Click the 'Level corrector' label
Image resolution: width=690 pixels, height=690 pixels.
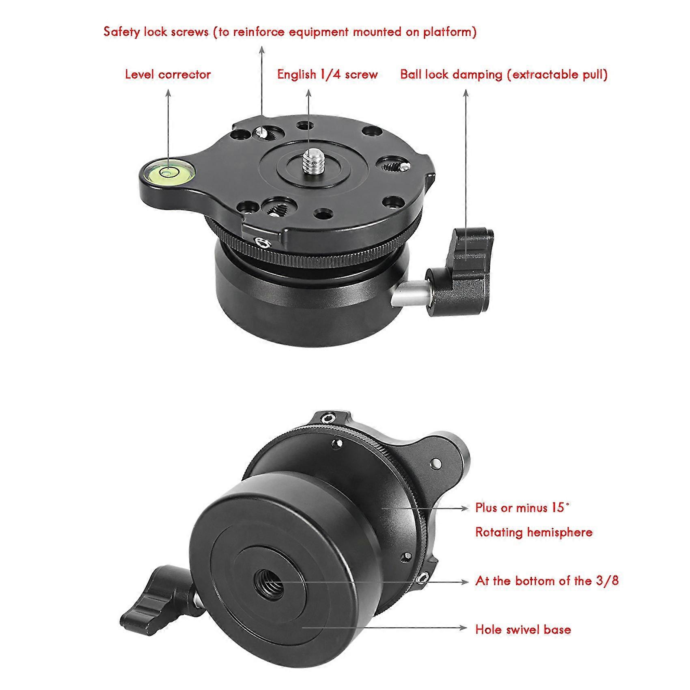click(168, 75)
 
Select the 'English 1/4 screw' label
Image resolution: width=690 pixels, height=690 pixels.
click(327, 75)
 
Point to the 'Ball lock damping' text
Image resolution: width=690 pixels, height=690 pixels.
click(451, 75)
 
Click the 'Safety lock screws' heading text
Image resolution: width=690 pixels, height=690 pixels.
click(156, 32)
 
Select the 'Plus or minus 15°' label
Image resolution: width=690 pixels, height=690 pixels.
click(522, 508)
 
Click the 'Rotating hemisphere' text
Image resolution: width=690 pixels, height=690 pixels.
click(534, 532)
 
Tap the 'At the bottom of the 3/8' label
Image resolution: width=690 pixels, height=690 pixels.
click(547, 581)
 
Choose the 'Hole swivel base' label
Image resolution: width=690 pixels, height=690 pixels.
click(523, 630)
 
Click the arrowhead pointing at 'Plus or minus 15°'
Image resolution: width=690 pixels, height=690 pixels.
click(465, 507)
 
